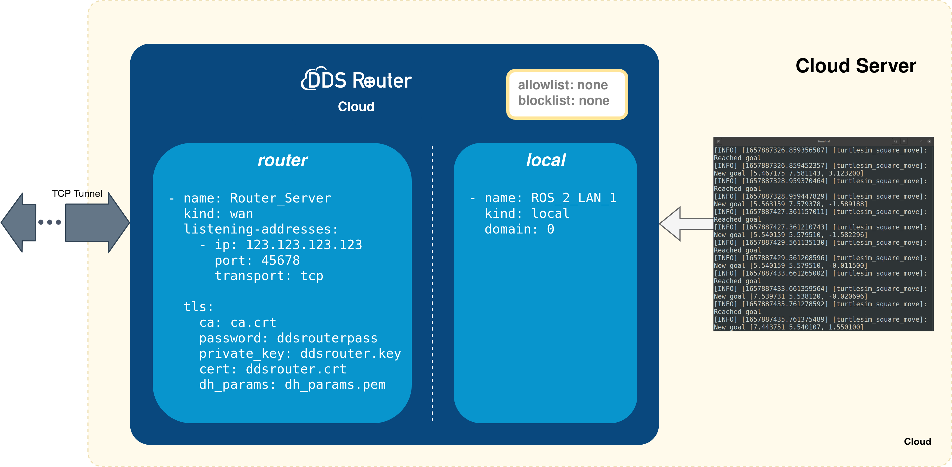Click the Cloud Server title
click(856, 66)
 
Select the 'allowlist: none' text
click(562, 85)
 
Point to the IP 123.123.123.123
click(304, 245)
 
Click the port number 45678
click(281, 260)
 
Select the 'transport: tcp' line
click(269, 276)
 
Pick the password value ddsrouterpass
click(327, 338)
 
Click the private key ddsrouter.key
click(350, 354)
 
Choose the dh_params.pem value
click(335, 385)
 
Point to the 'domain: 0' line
click(519, 229)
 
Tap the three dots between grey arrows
click(50, 222)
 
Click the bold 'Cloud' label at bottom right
click(917, 442)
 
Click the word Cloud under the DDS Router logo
click(356, 107)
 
